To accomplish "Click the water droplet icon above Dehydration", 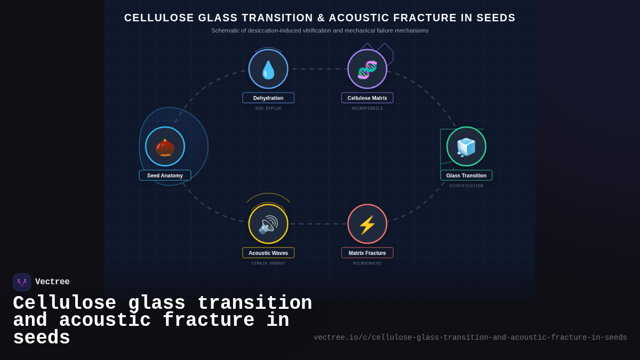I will click(x=268, y=69).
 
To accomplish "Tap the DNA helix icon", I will click(x=367, y=69).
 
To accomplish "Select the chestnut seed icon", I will click(x=165, y=147).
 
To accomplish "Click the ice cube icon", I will click(x=466, y=147).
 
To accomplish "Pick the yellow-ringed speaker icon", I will click(x=268, y=224).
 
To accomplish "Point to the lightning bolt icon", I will click(x=367, y=224).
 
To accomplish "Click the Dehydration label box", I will click(x=268, y=98).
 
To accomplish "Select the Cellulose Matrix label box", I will click(x=367, y=98).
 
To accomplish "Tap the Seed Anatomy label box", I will click(x=165, y=175).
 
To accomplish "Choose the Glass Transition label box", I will click(x=466, y=175).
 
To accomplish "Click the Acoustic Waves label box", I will click(x=268, y=253).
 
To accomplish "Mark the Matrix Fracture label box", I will click(x=367, y=253).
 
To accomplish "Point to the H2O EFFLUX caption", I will click(x=268, y=109).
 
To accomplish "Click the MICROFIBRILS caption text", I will click(x=367, y=109).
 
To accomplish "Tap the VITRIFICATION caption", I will click(x=466, y=186).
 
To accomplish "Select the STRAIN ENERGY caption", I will click(x=268, y=263).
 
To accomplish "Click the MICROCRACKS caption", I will click(x=367, y=263).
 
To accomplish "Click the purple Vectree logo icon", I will click(x=22, y=282).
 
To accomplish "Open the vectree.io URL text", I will click(x=470, y=338).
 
